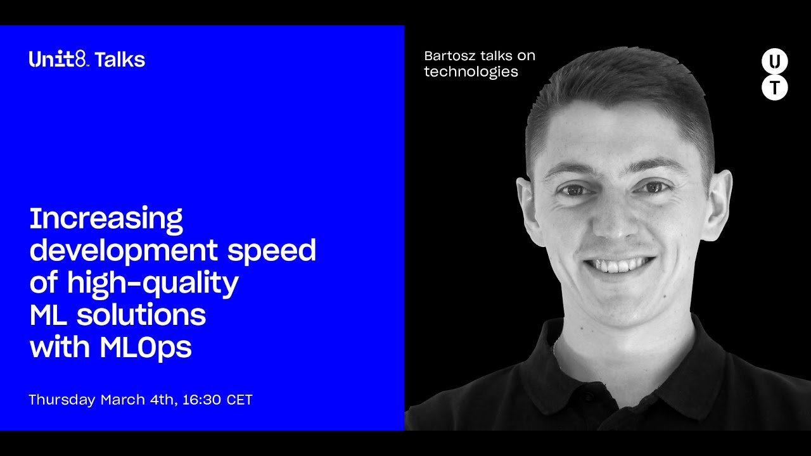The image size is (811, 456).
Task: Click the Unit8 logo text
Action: tap(58, 60)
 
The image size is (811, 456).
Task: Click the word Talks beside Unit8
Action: tap(120, 60)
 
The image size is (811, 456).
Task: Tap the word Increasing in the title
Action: tap(106, 219)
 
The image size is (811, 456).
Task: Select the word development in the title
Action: tap(124, 250)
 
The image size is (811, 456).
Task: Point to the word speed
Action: tap(272, 250)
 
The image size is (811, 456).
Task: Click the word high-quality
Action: tap(153, 283)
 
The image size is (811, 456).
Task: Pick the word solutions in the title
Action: tap(141, 315)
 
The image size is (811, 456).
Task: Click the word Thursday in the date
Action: tap(62, 400)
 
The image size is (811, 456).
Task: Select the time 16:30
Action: tap(201, 400)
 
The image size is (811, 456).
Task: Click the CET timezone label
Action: tap(239, 400)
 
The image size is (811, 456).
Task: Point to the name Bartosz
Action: tap(450, 56)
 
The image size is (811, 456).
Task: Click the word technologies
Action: tap(471, 72)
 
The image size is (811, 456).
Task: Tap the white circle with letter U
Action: tap(774, 61)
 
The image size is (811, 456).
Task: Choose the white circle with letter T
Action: tap(774, 87)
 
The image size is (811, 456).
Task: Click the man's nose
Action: tap(615, 221)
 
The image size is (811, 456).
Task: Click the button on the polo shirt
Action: tap(589, 397)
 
